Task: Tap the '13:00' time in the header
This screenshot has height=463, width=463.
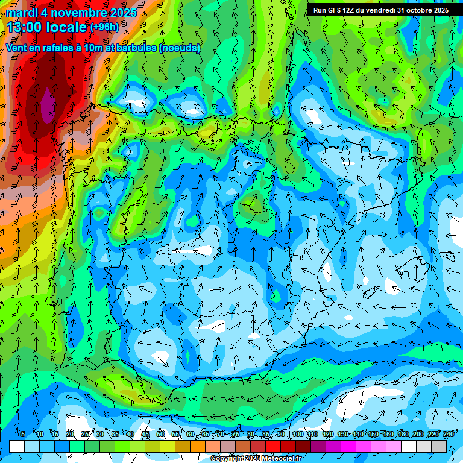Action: (x=26, y=27)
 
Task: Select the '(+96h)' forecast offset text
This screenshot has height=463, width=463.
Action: (x=104, y=27)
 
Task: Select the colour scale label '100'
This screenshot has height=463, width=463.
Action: (x=298, y=434)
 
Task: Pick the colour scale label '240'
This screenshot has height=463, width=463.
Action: (x=449, y=434)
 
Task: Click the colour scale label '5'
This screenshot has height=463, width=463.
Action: (x=23, y=434)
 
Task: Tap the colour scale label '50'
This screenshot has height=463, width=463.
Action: (x=160, y=434)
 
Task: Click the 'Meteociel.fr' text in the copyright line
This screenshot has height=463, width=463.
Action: (x=279, y=459)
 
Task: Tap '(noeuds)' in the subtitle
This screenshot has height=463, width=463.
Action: (x=179, y=48)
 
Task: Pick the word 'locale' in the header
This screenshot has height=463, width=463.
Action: (x=67, y=27)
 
